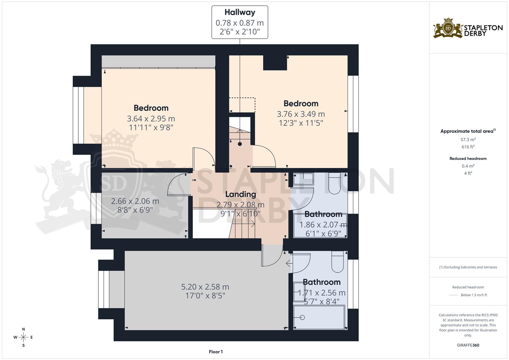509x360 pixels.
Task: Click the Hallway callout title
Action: click(x=240, y=12)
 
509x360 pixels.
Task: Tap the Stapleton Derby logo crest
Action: click(x=448, y=28)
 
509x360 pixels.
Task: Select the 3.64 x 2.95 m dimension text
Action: click(x=151, y=119)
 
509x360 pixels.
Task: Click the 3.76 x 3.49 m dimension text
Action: click(x=301, y=114)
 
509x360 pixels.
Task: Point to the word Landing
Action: click(x=240, y=194)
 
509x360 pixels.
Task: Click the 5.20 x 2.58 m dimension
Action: click(x=205, y=287)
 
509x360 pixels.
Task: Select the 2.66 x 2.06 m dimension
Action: click(x=135, y=201)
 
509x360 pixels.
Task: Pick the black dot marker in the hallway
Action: click(x=240, y=144)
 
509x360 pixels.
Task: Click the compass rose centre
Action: click(x=23, y=337)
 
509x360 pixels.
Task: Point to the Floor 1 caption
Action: click(x=216, y=352)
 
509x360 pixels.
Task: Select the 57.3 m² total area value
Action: click(x=468, y=140)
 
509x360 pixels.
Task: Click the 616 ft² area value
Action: click(x=468, y=147)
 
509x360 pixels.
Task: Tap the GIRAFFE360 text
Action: click(x=468, y=345)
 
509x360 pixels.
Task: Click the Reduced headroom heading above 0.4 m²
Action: click(x=468, y=159)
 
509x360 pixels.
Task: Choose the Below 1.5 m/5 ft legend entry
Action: click(x=473, y=295)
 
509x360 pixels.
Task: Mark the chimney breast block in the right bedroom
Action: click(x=275, y=63)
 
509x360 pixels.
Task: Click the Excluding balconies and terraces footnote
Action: click(x=468, y=267)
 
